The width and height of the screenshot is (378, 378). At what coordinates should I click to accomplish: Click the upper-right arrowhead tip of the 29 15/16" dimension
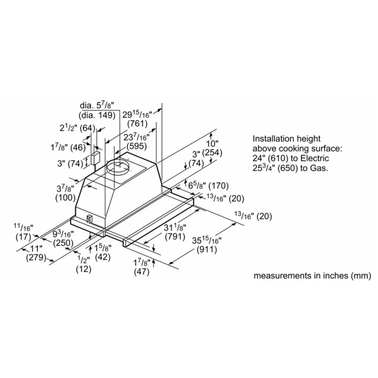[x=161, y=109]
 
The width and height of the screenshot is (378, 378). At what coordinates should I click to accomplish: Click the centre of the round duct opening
[x=118, y=166]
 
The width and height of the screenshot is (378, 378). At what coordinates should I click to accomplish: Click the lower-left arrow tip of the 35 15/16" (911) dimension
[x=170, y=263]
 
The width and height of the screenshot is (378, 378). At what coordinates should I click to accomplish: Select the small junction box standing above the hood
[x=95, y=158]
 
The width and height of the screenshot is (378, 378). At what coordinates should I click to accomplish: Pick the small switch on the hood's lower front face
[x=89, y=218]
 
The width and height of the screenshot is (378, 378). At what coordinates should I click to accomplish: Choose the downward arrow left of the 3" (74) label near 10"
[x=186, y=166]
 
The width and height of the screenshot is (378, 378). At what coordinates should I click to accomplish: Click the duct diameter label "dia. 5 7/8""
[x=97, y=105]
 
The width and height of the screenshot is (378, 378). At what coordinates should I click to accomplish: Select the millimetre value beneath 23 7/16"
[x=137, y=146]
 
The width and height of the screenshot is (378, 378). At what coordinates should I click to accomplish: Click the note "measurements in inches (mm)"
[x=313, y=276]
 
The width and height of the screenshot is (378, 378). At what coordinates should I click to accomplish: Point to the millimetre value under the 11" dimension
[x=36, y=258]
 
